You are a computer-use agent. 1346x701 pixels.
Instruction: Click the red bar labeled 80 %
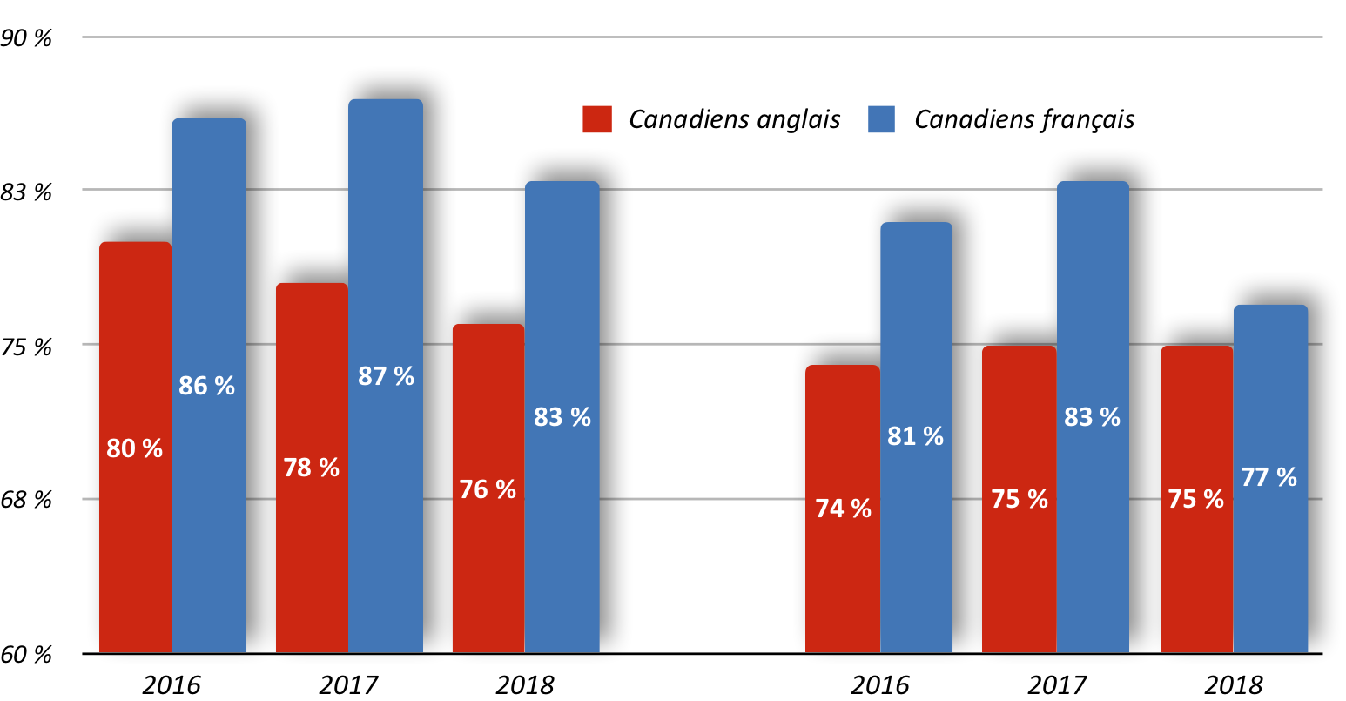135,448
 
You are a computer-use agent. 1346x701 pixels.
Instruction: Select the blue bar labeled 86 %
209,386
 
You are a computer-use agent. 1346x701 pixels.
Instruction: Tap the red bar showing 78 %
312,468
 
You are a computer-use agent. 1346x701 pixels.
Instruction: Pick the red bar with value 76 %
488,489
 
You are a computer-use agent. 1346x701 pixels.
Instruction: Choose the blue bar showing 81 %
917,437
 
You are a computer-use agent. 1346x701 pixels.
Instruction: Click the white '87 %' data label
386,376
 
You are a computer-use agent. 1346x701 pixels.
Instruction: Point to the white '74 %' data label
843,509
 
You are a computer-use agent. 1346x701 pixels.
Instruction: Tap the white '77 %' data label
1269,477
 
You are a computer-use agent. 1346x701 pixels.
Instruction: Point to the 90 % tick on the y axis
26,37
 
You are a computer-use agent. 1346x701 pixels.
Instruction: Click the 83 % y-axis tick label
26,192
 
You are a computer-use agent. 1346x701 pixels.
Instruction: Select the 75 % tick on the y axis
26,347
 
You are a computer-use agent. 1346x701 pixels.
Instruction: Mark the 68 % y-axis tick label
26,500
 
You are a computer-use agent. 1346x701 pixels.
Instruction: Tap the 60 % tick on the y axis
26,654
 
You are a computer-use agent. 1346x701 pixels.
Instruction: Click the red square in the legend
597,119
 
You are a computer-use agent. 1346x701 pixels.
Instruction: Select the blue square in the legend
881,119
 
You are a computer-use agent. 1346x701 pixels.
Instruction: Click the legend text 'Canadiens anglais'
734,119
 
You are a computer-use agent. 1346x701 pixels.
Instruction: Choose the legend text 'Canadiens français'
1025,119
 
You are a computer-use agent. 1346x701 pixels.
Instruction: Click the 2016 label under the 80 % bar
172,685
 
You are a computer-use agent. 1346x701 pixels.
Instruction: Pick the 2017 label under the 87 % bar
348,685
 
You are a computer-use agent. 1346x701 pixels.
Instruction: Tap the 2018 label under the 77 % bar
1234,685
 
